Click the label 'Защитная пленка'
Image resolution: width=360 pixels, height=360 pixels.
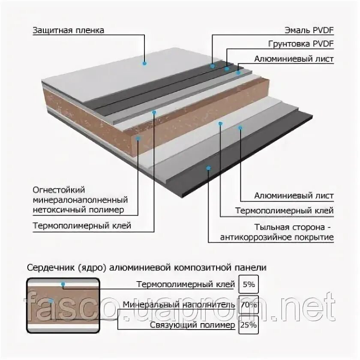click(68, 30)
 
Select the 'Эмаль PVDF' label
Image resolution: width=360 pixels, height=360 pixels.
click(309, 30)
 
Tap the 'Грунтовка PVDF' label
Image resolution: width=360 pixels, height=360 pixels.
click(301, 44)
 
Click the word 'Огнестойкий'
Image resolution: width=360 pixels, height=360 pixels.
click(59, 189)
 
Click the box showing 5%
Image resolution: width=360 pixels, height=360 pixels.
click(249, 284)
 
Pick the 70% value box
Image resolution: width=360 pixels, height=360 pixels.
click(249, 305)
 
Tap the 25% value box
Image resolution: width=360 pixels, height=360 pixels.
click(249, 325)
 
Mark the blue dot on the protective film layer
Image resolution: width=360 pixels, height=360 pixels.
click(145, 63)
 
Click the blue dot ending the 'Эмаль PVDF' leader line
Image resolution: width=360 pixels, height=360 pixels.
click(212, 66)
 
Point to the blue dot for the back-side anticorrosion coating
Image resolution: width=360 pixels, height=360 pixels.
click(208, 168)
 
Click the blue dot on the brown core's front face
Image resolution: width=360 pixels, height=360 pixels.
click(138, 138)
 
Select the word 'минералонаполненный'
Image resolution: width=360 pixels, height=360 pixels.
click(80, 200)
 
